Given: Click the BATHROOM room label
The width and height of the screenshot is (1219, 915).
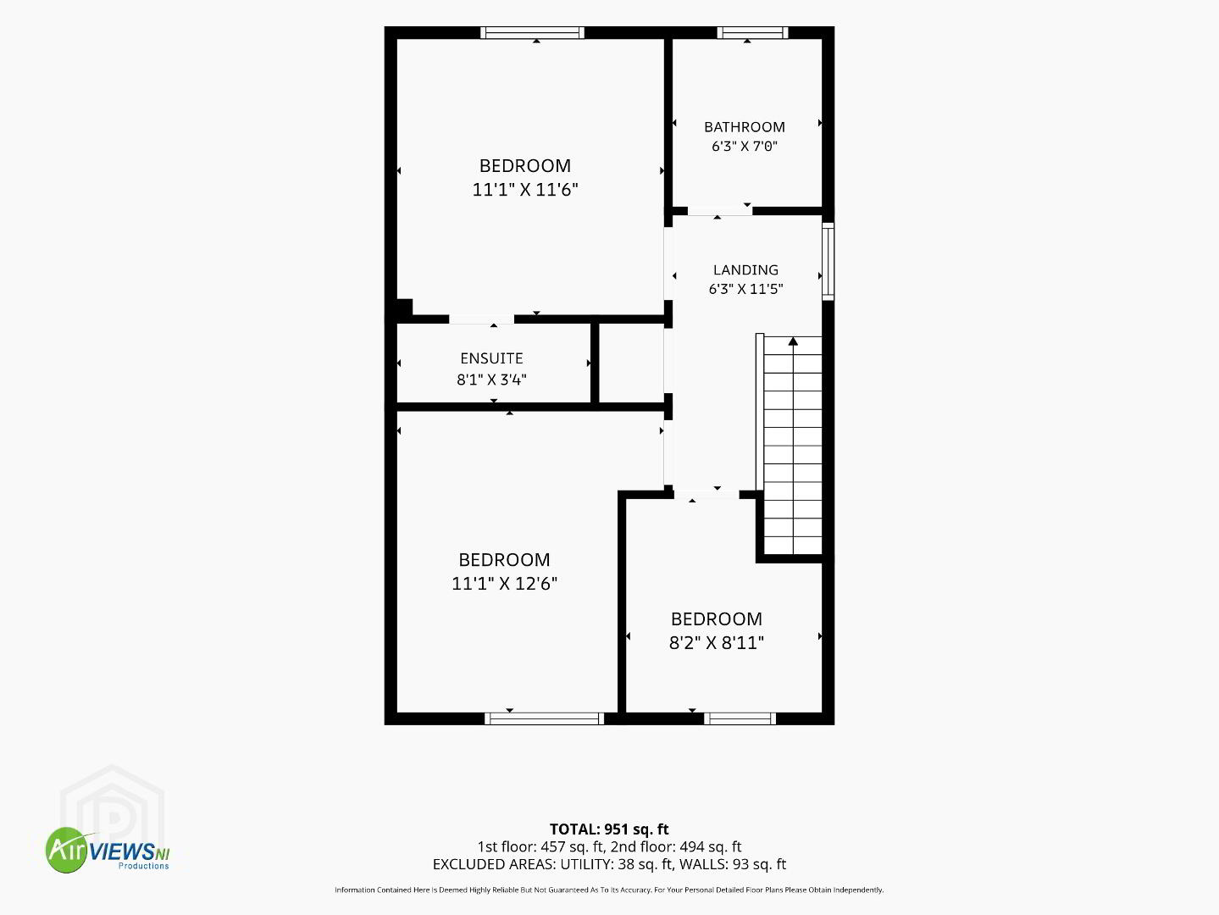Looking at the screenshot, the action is click(x=744, y=127).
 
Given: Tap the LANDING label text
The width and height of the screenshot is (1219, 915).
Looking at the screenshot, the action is click(x=745, y=269).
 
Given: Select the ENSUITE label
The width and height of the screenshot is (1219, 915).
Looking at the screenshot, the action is click(x=491, y=358).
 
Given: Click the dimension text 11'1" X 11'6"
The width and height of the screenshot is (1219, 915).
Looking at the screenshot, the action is click(x=525, y=190).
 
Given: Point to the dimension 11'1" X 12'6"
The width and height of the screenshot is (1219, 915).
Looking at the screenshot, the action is click(x=504, y=584).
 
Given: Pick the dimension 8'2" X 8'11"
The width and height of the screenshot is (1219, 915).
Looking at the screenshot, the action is click(x=717, y=643).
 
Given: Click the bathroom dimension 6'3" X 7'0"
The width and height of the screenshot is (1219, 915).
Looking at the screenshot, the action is click(x=744, y=146).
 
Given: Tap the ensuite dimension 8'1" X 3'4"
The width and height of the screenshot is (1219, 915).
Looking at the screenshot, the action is click(x=491, y=380).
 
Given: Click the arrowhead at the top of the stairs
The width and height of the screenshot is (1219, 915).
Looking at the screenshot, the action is click(x=793, y=341).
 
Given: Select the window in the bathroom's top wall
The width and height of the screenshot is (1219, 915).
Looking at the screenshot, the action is click(x=752, y=33).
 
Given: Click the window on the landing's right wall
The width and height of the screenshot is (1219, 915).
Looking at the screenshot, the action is click(x=828, y=262).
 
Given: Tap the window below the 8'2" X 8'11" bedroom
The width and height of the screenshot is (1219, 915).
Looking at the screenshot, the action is click(x=740, y=718).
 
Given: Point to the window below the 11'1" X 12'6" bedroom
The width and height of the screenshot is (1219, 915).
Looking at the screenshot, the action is click(x=544, y=718).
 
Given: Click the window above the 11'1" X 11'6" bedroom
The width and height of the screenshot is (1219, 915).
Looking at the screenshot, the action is click(x=532, y=33).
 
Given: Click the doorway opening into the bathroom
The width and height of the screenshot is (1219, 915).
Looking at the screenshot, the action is click(x=720, y=211).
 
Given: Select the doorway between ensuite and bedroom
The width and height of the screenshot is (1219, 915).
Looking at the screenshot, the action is click(x=481, y=319).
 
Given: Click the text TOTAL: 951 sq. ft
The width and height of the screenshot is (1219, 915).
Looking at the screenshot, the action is click(x=609, y=829).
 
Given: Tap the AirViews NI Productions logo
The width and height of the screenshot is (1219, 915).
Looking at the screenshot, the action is click(x=108, y=850).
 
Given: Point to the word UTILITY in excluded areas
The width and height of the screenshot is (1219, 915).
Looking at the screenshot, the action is click(x=584, y=864).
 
